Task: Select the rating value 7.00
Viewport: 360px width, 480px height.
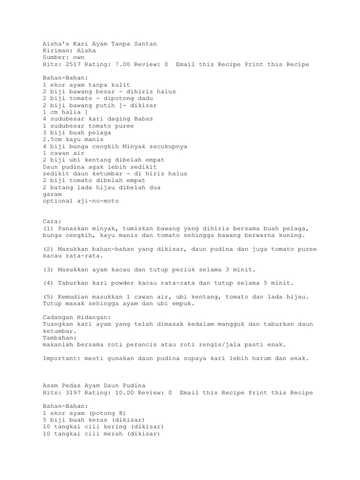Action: (x=120, y=64)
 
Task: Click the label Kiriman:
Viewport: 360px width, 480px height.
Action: (x=58, y=51)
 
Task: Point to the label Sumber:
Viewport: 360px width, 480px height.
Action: (x=56, y=58)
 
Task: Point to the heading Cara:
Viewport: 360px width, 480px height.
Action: (x=52, y=221)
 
